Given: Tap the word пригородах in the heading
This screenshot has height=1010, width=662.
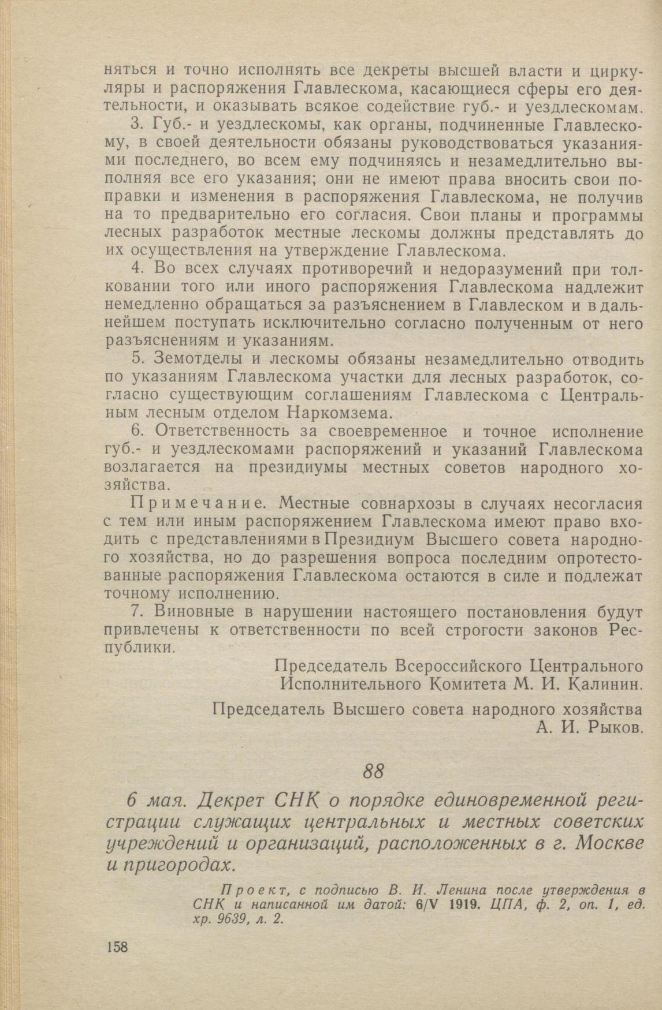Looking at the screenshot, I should (x=186, y=865).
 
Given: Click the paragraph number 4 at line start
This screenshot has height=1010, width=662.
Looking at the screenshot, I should (x=137, y=269).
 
